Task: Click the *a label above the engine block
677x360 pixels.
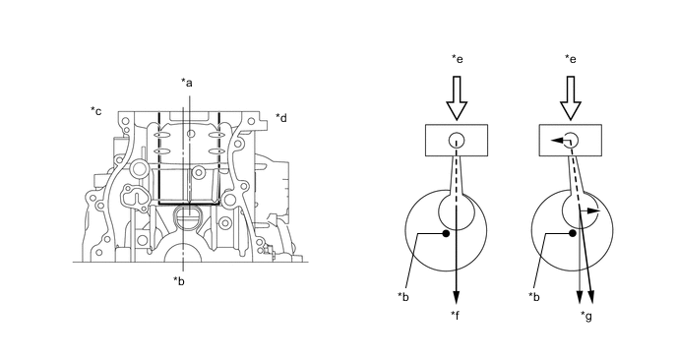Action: (187, 82)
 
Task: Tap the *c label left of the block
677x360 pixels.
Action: (96, 111)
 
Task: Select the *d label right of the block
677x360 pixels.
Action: (281, 117)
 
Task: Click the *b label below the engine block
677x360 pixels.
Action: (179, 281)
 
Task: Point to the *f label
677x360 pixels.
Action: (455, 316)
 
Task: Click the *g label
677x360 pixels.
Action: (586, 317)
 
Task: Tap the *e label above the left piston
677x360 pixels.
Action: (457, 59)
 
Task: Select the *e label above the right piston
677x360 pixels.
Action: (571, 59)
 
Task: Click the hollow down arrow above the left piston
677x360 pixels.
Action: (457, 98)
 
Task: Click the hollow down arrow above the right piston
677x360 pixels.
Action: (571, 98)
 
